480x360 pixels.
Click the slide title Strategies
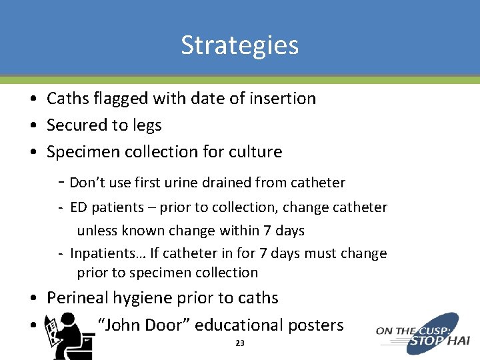[x=240, y=45]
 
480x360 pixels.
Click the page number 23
[x=240, y=343]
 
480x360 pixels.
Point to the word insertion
[x=280, y=99]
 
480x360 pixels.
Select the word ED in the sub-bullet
[x=78, y=207]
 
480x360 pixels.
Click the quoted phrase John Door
[x=143, y=325]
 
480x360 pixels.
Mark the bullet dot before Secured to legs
[x=33, y=126]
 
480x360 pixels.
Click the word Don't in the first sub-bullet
[x=87, y=183]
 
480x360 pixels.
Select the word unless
[x=96, y=231]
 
